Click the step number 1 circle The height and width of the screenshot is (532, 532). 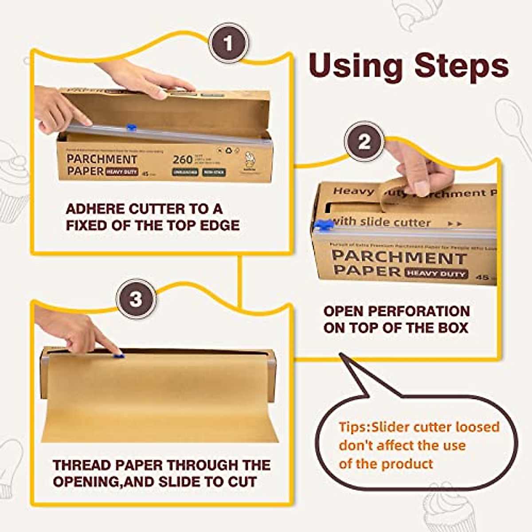[228, 43]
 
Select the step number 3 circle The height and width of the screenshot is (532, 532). [136, 299]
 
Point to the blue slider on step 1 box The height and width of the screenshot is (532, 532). [131, 128]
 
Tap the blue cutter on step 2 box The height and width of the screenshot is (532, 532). [324, 225]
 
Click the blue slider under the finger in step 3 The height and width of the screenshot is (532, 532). [118, 355]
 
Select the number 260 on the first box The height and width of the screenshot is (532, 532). [183, 160]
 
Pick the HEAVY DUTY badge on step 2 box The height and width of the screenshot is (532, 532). [436, 274]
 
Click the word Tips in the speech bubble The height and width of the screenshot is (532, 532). [353, 427]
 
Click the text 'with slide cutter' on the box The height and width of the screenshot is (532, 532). [381, 222]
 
